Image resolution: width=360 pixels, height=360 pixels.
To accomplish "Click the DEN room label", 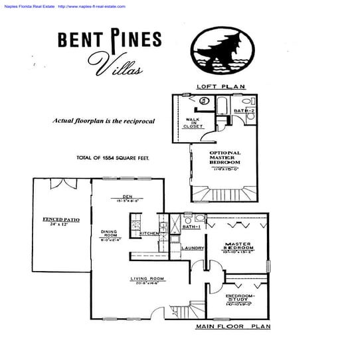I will (128, 196).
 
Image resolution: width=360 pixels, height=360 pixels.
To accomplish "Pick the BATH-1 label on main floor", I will (190, 228).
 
